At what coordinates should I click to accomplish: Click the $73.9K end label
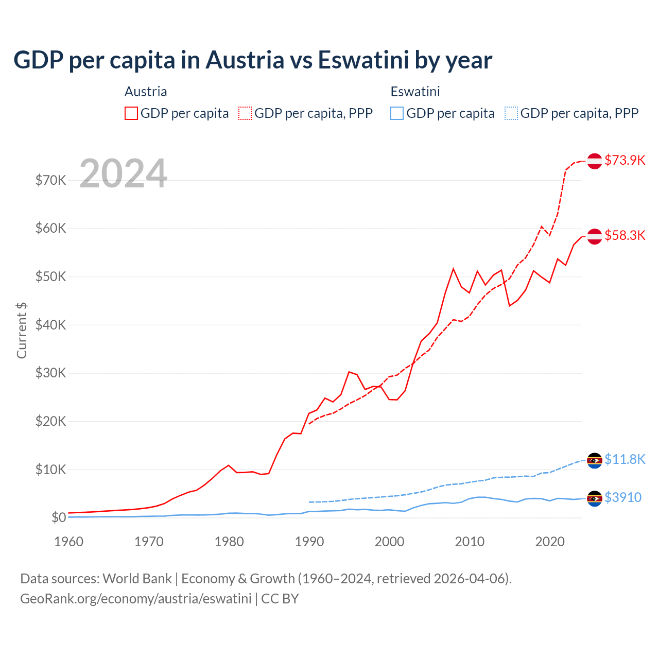(625, 160)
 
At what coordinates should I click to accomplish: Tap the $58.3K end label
(625, 235)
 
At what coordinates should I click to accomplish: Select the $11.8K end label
(625, 459)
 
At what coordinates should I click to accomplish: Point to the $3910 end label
(623, 497)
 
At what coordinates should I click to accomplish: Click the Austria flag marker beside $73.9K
(595, 161)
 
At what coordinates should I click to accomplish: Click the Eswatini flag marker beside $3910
(595, 498)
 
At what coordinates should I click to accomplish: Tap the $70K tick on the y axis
(50, 181)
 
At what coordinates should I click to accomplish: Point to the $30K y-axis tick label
(50, 373)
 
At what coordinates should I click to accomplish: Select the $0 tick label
(58, 518)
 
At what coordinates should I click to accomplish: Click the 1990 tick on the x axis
(309, 542)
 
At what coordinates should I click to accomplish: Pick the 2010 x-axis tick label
(470, 542)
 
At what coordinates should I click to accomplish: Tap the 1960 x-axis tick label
(69, 542)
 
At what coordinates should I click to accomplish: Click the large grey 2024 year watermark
(124, 174)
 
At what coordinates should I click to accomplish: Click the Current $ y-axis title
(22, 331)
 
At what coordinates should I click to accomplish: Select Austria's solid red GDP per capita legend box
(131, 113)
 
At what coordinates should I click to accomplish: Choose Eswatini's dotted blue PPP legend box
(511, 113)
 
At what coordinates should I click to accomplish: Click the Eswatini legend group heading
(415, 92)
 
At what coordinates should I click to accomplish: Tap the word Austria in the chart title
(245, 60)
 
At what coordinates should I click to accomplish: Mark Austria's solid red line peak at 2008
(453, 269)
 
